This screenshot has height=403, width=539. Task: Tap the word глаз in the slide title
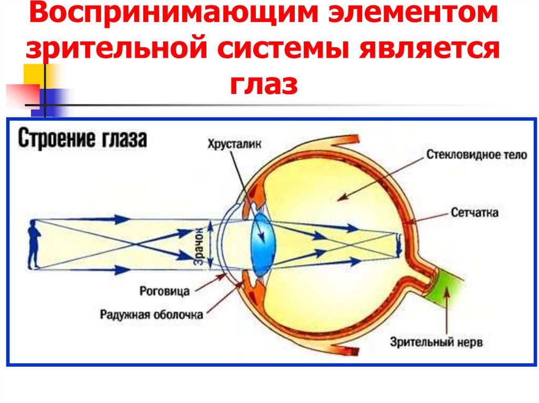click(263, 85)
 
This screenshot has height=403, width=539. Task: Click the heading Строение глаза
click(83, 140)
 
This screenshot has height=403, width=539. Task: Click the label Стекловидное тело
click(476, 155)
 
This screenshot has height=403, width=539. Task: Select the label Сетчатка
click(474, 213)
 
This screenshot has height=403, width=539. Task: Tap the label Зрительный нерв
click(436, 343)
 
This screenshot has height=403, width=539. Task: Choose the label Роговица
click(165, 290)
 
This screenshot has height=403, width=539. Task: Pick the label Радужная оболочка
click(151, 315)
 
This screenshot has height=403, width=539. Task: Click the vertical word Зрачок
click(198, 245)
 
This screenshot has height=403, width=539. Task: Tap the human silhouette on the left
click(34, 245)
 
